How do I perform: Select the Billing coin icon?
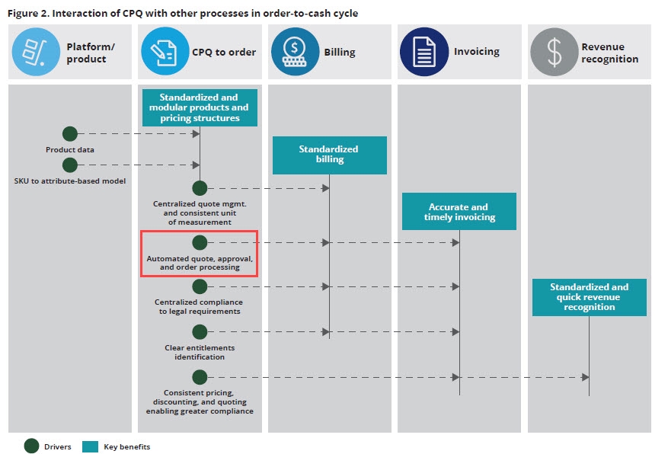(295, 51)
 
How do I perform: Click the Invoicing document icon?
(423, 51)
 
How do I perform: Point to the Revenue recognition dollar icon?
(554, 51)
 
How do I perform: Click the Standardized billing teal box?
(329, 155)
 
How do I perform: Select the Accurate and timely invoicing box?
(459, 211)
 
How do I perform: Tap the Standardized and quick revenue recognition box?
(589, 297)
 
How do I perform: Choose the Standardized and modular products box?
(199, 107)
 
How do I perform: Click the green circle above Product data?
(70, 134)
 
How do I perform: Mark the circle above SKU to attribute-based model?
(70, 165)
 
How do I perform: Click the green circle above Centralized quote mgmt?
(200, 188)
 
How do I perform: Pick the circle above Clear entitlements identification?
(200, 332)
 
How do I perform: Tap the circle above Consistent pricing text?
(200, 377)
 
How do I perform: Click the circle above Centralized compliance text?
(200, 286)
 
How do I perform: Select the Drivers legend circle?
(32, 446)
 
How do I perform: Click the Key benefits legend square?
(90, 446)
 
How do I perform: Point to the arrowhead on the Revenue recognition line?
(585, 377)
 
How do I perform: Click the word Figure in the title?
(23, 14)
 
